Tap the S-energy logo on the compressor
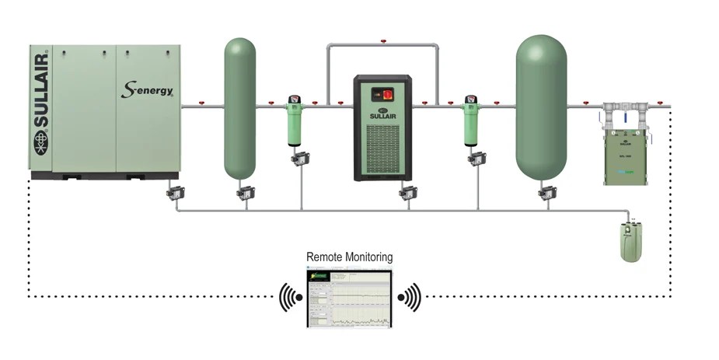pyautogui.click(x=147, y=89)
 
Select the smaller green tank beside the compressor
pyautogui.click(x=239, y=109)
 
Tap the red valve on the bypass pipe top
pyautogui.click(x=382, y=41)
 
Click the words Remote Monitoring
pyautogui.click(x=349, y=257)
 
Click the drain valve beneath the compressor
pyautogui.click(x=175, y=192)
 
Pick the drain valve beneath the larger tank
pyautogui.click(x=546, y=192)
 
